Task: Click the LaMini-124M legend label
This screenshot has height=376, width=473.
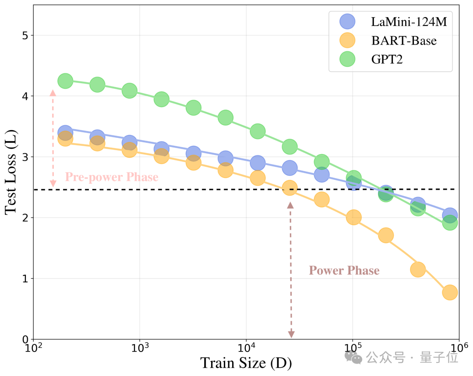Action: (409, 22)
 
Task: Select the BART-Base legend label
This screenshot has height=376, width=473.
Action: (404, 40)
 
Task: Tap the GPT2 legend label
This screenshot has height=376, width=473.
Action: (387, 59)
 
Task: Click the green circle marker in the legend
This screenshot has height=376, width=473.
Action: (347, 59)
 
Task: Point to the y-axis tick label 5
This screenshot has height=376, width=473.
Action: (25, 35)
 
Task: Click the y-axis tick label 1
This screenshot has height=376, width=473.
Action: (25, 278)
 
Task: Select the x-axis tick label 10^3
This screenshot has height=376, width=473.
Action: (140, 348)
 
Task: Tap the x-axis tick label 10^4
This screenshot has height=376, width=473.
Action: (247, 348)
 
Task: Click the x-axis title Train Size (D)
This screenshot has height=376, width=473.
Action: (246, 363)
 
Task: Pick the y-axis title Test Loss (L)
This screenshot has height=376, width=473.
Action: (11, 172)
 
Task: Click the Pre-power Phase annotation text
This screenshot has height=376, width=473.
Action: (112, 177)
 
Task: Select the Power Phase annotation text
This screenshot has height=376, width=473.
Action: (344, 271)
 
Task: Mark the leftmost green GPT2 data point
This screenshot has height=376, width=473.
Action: (65, 81)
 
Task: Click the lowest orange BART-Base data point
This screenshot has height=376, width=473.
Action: (450, 292)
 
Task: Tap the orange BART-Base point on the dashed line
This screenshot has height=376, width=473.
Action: (289, 188)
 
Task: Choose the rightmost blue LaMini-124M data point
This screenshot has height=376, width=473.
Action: (450, 215)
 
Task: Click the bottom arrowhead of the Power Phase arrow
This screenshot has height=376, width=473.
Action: (291, 334)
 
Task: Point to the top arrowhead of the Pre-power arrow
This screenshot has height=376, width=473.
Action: (53, 92)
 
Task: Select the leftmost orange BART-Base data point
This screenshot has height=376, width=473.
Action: (65, 139)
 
